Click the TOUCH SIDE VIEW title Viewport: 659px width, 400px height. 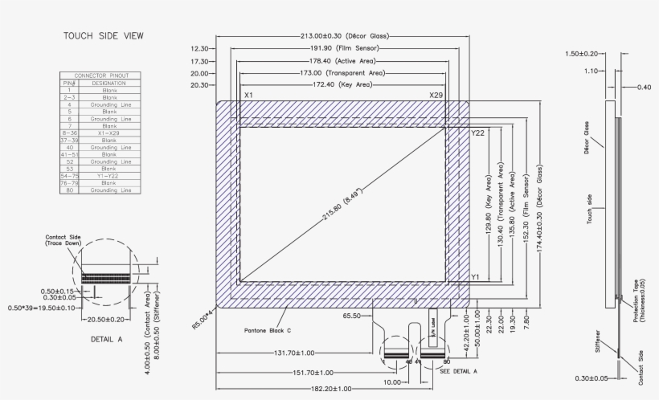tap(104, 36)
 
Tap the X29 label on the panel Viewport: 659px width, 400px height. tap(436, 96)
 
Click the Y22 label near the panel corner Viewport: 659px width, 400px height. tap(477, 133)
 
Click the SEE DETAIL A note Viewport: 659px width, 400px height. tap(459, 370)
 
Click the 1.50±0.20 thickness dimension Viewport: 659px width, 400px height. tap(582, 54)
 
